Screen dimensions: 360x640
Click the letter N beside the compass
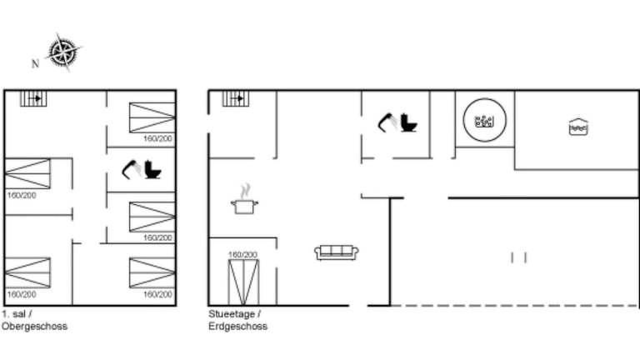coord(35,63)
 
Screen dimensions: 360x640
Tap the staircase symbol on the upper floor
coord(34,98)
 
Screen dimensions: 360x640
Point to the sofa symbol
coord(337,252)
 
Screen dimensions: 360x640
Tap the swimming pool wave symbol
coord(578,127)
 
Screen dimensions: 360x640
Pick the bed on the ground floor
coord(243,281)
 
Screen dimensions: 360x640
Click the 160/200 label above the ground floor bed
coord(242,254)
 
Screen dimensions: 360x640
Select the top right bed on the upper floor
coord(152,117)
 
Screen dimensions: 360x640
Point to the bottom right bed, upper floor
coord(152,273)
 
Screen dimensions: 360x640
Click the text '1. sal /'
coord(17,315)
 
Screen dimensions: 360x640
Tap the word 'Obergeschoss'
coord(34,327)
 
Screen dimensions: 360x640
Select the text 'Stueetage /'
coord(235,315)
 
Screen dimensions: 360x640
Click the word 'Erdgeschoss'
coord(237,327)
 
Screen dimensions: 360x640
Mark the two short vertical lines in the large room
coord(518,257)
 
